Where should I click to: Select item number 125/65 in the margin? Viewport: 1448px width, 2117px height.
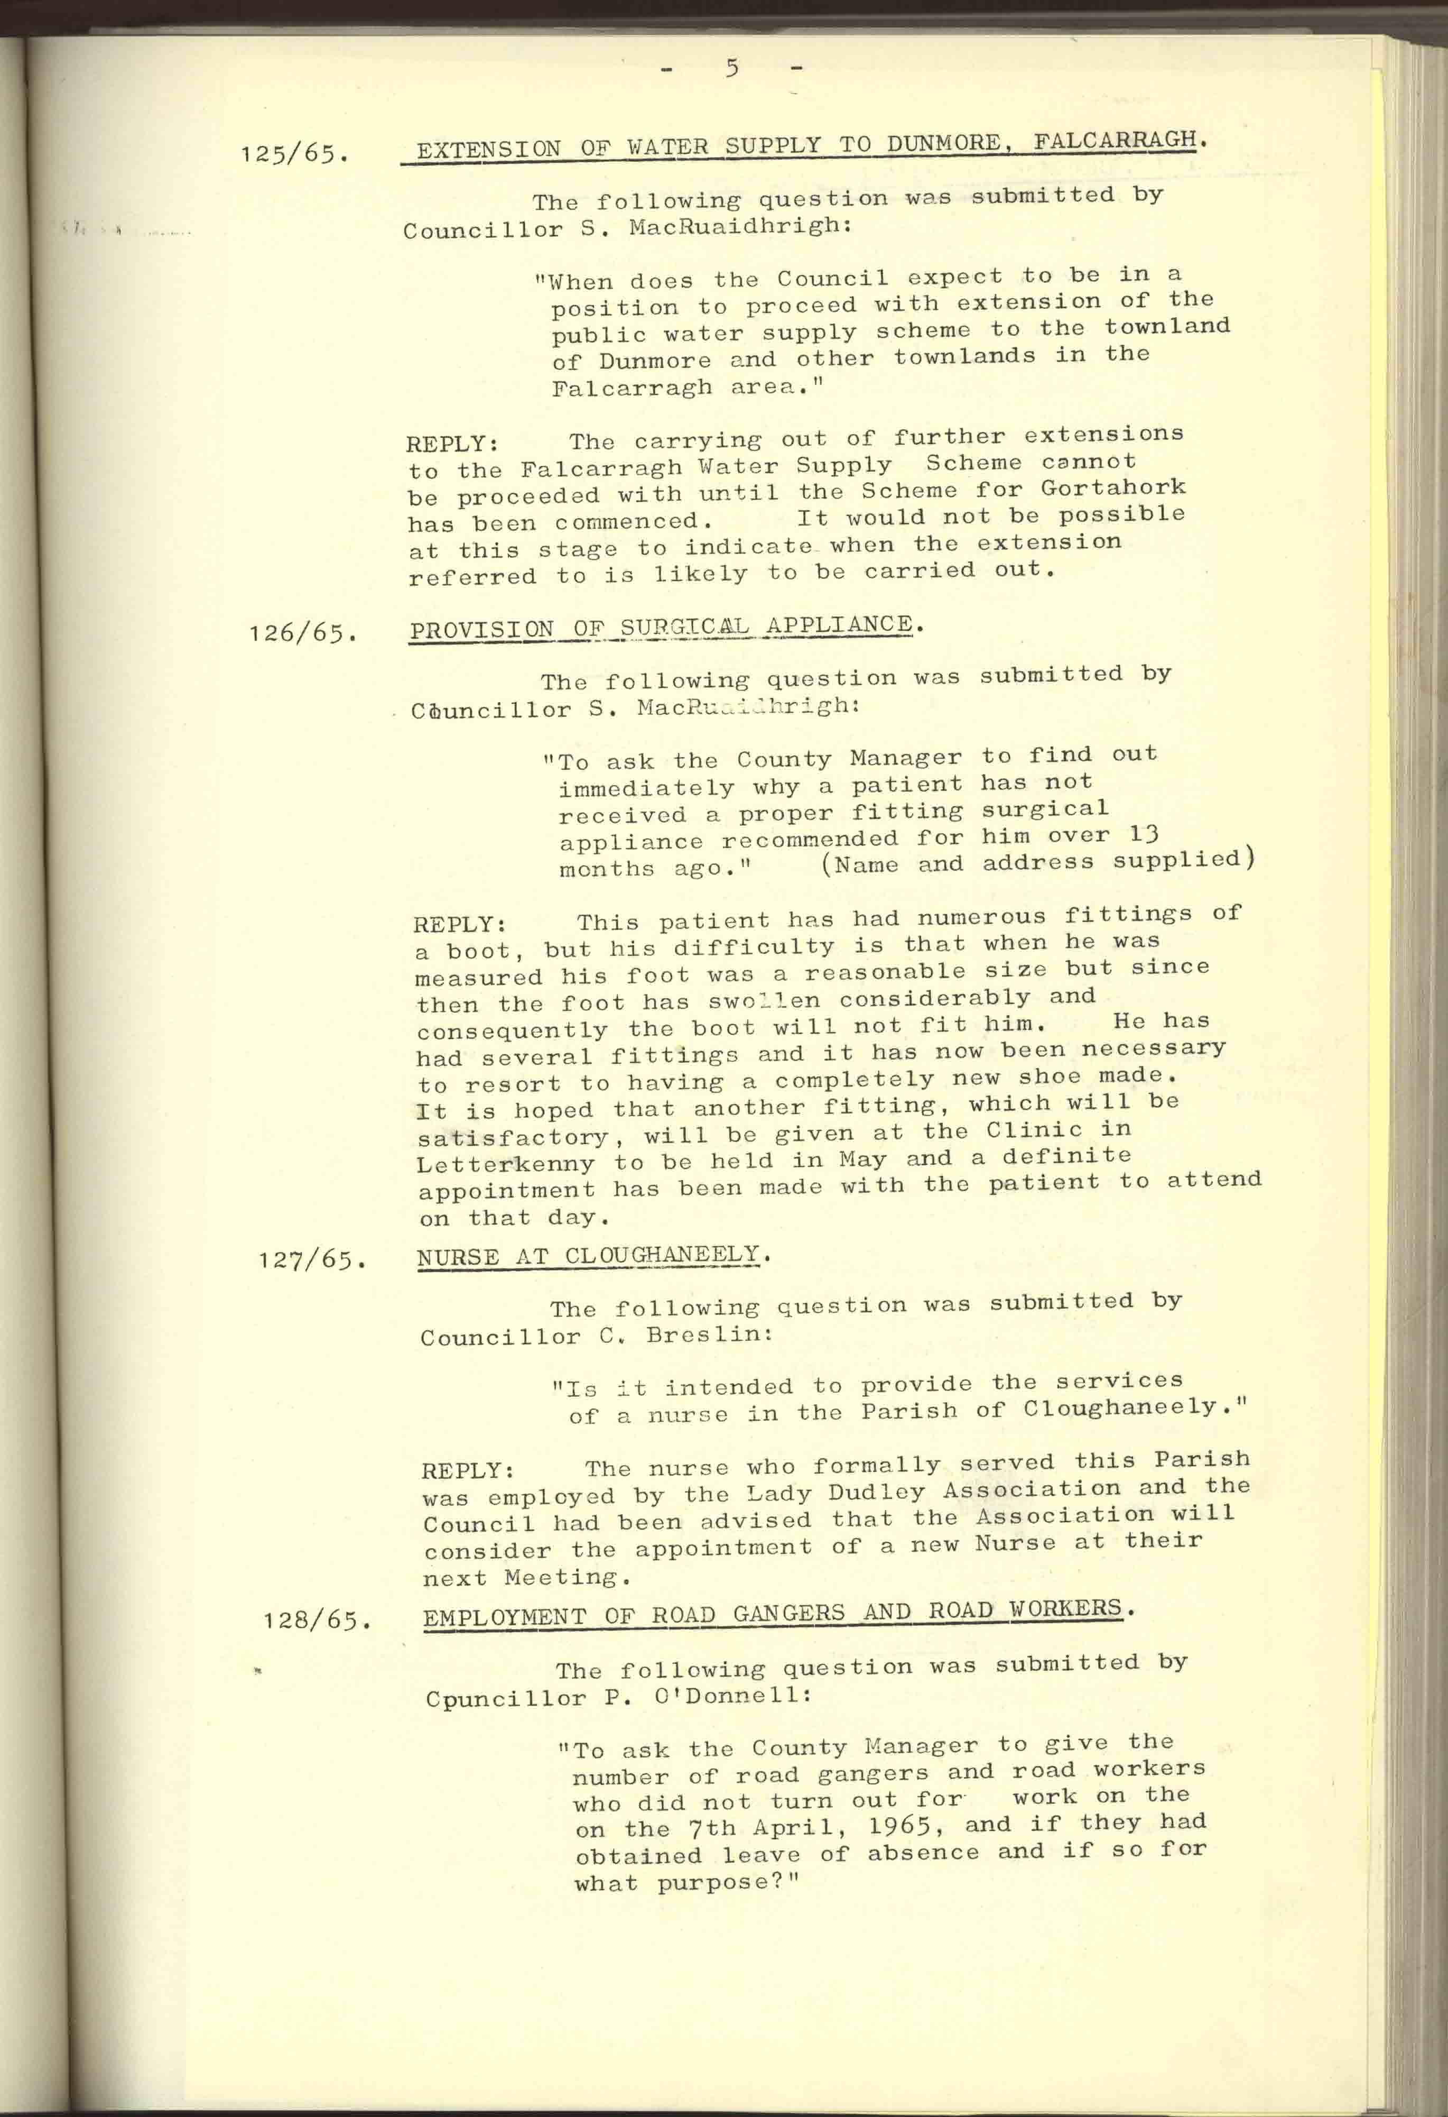pos(294,153)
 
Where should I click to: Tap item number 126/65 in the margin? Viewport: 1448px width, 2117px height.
pos(301,632)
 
